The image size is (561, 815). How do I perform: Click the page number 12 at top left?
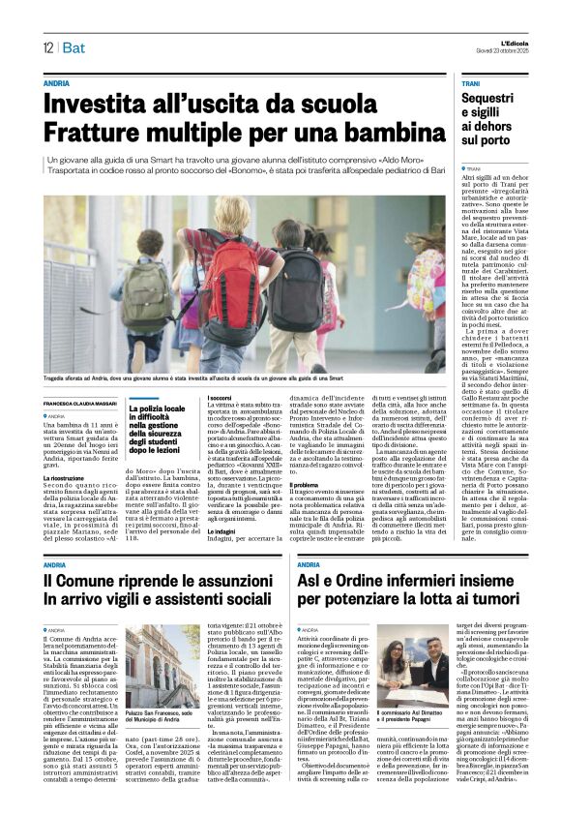pos(47,47)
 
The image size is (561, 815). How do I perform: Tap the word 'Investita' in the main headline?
pos(105,102)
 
